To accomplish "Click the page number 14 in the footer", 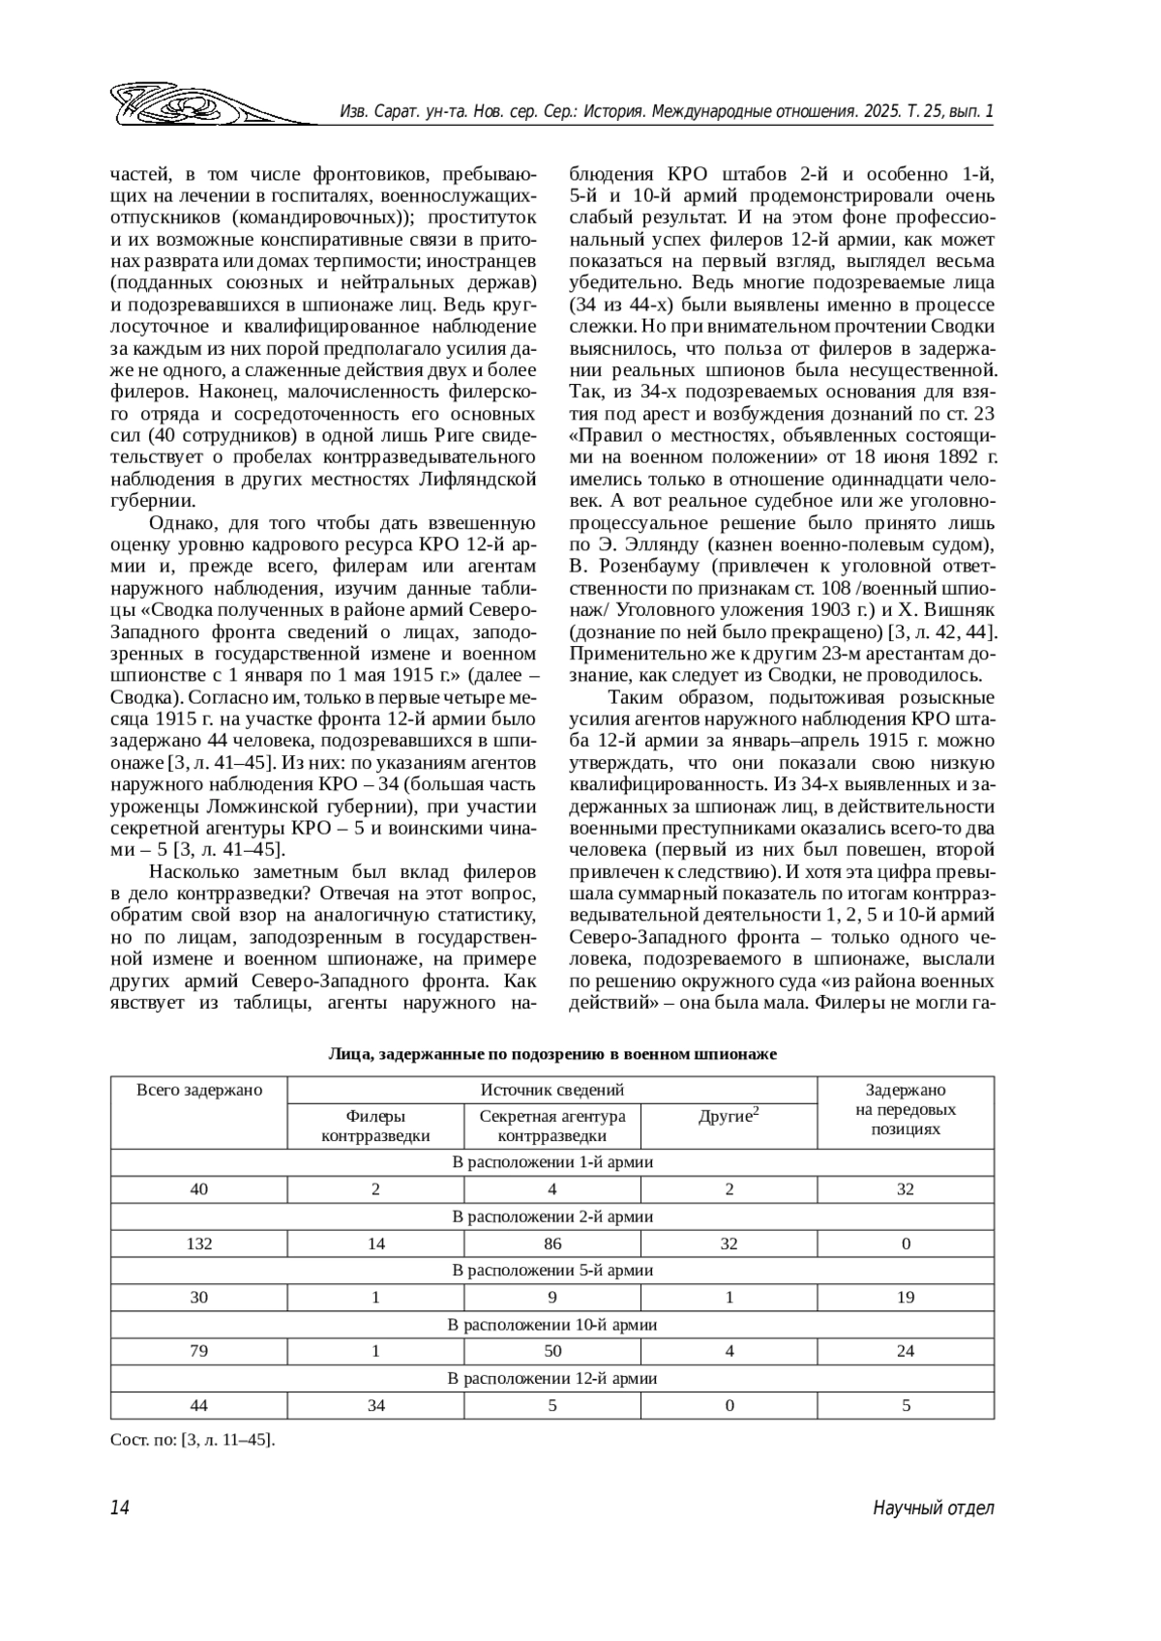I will pyautogui.click(x=119, y=1508).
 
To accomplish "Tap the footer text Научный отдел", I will pyautogui.click(x=933, y=1508).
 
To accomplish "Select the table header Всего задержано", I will pyautogui.click(x=199, y=1090).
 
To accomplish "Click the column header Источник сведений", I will pyautogui.click(x=552, y=1090).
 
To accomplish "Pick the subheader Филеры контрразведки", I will pyautogui.click(x=375, y=1126).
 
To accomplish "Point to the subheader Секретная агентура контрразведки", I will pyautogui.click(x=552, y=1126).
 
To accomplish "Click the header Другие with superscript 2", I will pyautogui.click(x=729, y=1116).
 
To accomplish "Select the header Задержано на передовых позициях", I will pyautogui.click(x=906, y=1109).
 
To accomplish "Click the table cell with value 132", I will pyautogui.click(x=199, y=1244).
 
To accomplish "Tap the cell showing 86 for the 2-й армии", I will pyautogui.click(x=552, y=1244).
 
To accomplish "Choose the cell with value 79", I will pyautogui.click(x=199, y=1351).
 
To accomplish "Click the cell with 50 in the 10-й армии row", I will pyautogui.click(x=552, y=1351).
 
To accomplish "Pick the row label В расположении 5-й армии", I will pyautogui.click(x=552, y=1270).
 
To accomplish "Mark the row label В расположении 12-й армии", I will pyautogui.click(x=552, y=1378).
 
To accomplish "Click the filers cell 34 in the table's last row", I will pyautogui.click(x=376, y=1405).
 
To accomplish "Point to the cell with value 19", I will pyautogui.click(x=906, y=1297).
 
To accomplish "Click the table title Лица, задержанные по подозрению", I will pyautogui.click(x=552, y=1054).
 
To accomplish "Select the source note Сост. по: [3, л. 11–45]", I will pyautogui.click(x=193, y=1440).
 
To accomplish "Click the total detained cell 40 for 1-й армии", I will pyautogui.click(x=199, y=1189).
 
